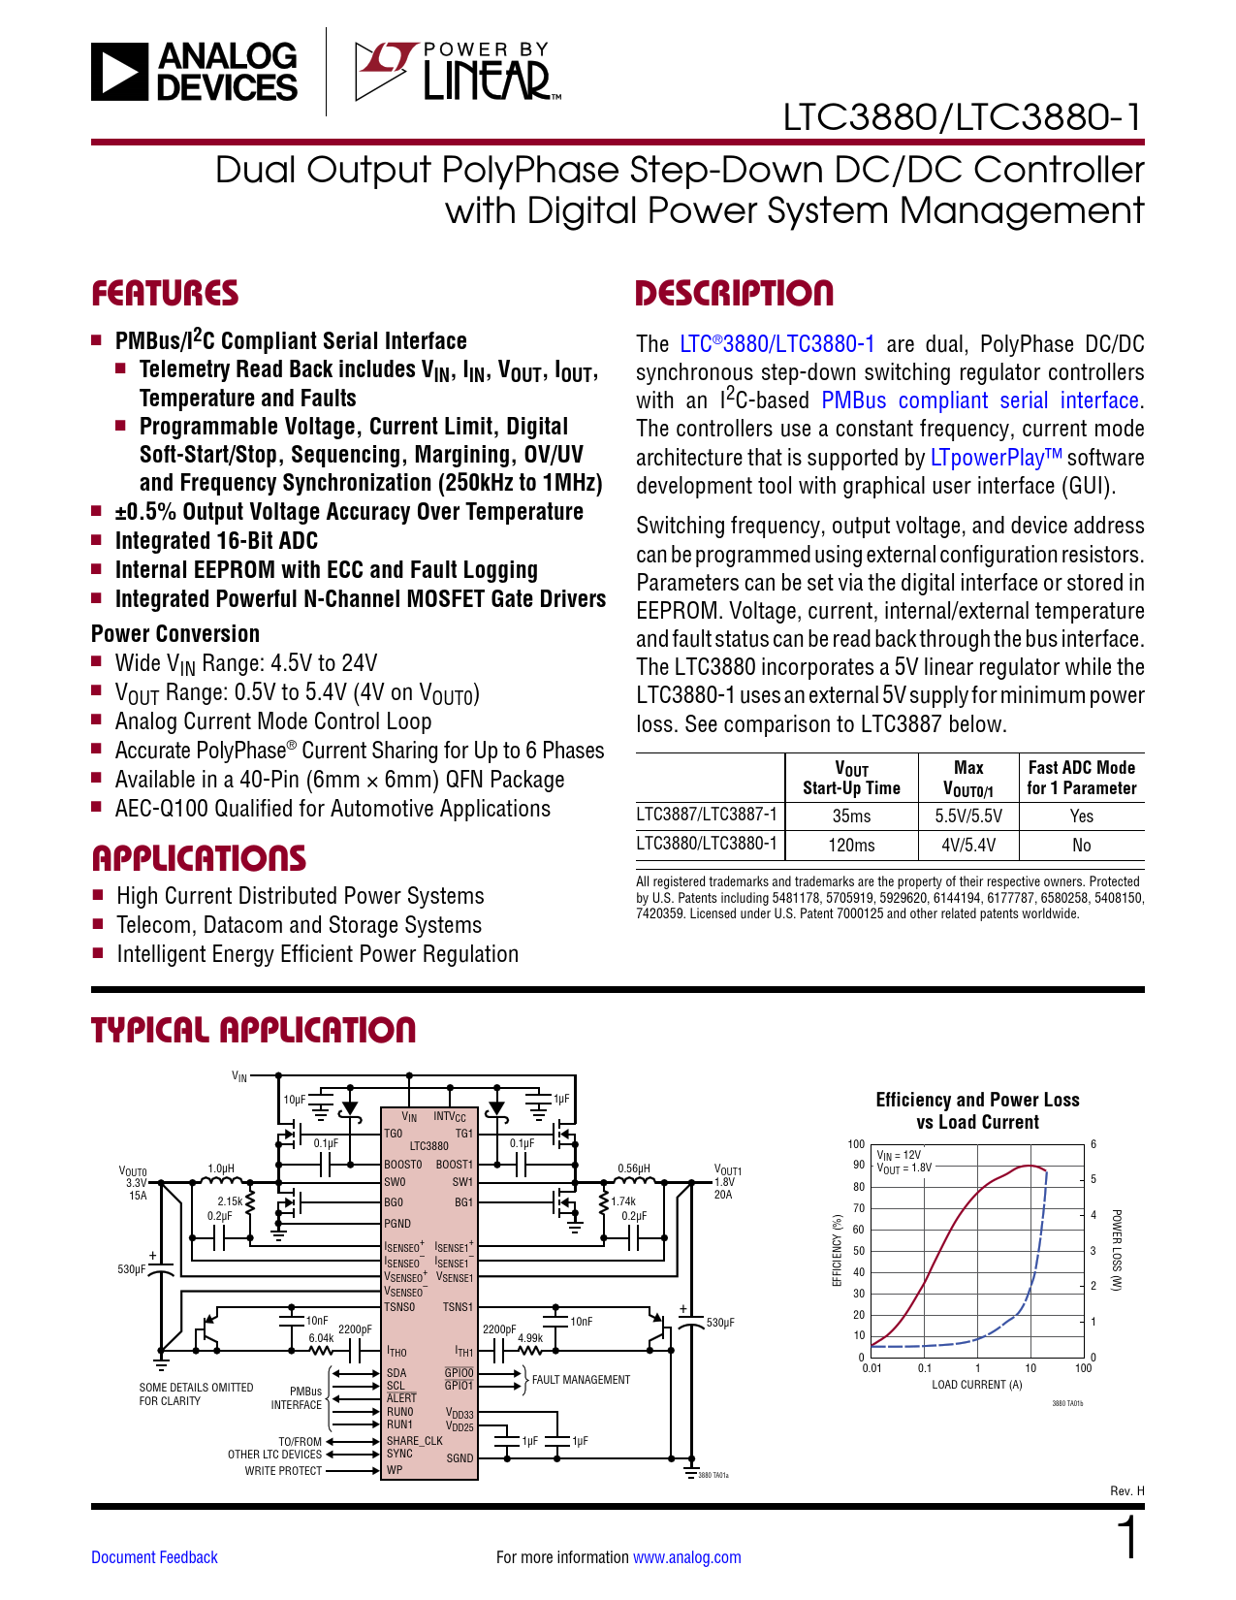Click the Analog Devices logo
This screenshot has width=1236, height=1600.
click(195, 72)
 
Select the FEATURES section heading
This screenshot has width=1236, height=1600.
click(165, 294)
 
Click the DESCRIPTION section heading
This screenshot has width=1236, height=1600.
click(734, 294)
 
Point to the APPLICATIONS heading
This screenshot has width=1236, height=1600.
click(199, 858)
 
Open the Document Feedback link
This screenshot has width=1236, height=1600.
click(154, 1557)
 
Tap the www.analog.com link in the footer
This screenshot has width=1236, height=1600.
click(686, 1557)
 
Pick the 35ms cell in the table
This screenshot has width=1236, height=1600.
click(851, 816)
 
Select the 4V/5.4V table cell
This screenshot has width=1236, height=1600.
click(968, 846)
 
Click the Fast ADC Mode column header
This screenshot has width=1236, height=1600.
click(1081, 778)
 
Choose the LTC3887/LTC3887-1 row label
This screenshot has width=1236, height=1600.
click(707, 815)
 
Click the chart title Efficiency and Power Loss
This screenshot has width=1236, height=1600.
click(977, 1100)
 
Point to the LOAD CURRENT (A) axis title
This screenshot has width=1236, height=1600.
click(977, 1385)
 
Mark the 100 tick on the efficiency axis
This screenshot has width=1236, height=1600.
click(856, 1144)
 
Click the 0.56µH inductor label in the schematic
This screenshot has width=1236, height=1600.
click(633, 1168)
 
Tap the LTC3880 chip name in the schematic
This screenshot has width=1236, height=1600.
click(428, 1146)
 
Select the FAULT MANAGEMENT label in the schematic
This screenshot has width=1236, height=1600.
click(581, 1380)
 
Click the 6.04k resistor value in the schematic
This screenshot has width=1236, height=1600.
click(321, 1338)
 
